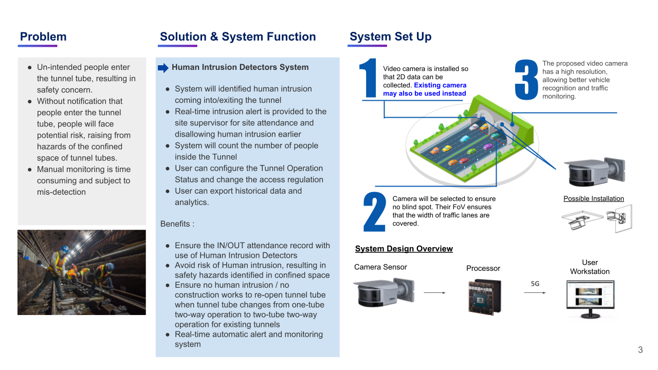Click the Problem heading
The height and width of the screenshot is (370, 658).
click(x=43, y=36)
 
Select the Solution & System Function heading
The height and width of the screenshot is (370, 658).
click(x=237, y=36)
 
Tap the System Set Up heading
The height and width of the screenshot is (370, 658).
click(x=390, y=36)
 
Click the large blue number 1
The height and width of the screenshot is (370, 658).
click(x=369, y=78)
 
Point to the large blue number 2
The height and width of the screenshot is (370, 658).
click(x=374, y=212)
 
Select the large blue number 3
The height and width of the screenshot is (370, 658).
click(x=526, y=80)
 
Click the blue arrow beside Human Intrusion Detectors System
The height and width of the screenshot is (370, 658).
click(x=163, y=68)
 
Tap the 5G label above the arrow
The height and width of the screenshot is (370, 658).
click(x=535, y=283)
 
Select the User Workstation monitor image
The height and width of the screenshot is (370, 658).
click(x=590, y=299)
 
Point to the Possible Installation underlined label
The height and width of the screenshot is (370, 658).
click(x=593, y=199)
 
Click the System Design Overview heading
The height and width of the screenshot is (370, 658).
click(x=404, y=249)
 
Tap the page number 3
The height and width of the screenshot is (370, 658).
click(x=640, y=350)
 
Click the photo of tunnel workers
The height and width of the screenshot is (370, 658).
click(x=82, y=272)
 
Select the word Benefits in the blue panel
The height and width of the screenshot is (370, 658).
click(x=176, y=224)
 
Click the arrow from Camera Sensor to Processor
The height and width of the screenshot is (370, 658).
click(x=434, y=293)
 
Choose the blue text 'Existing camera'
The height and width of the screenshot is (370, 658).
click(x=440, y=85)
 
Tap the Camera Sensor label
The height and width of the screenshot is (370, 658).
click(x=380, y=267)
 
